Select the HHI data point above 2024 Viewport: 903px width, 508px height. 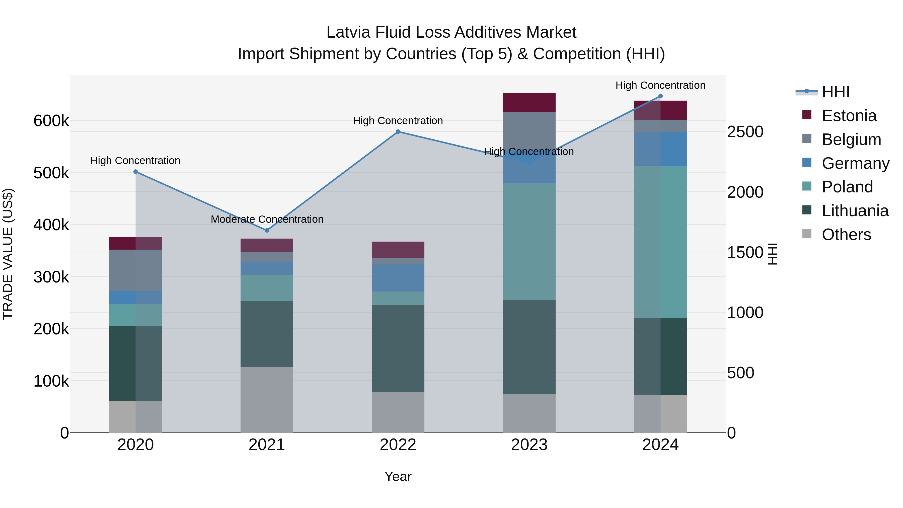[660, 96]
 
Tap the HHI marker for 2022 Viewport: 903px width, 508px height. [398, 132]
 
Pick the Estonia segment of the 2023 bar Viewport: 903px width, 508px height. [529, 103]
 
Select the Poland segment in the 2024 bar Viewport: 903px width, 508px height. [660, 242]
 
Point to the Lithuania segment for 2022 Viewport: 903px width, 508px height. [398, 348]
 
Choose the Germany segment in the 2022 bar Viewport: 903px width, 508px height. [398, 278]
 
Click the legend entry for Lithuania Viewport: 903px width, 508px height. [855, 211]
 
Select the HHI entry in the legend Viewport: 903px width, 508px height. [835, 92]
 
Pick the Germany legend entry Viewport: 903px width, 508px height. [855, 163]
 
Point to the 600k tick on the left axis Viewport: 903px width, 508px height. [51, 121]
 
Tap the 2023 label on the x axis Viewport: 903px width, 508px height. [529, 445]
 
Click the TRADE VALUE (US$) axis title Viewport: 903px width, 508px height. [8, 254]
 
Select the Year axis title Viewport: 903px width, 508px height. [398, 476]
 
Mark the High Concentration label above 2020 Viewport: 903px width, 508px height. [135, 161]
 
